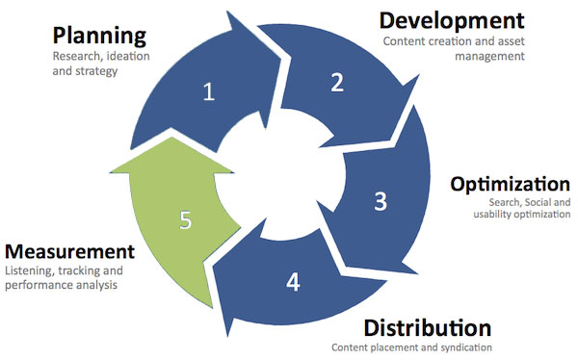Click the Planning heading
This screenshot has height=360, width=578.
click(x=100, y=38)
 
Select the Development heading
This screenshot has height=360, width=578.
click(x=452, y=20)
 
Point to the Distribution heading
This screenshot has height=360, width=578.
click(x=428, y=327)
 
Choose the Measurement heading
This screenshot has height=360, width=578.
click(x=67, y=252)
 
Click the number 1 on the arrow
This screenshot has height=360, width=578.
click(x=207, y=92)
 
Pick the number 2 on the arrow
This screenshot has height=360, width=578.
click(x=337, y=82)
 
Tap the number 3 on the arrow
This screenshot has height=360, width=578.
click(x=381, y=201)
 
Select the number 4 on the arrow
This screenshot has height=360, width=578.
click(x=293, y=282)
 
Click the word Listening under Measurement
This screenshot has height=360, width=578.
click(x=27, y=271)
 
